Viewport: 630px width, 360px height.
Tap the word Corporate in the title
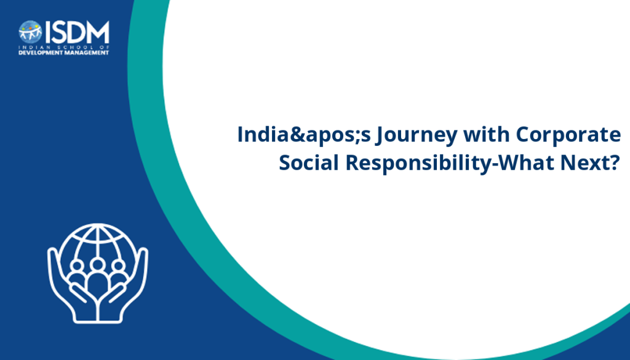(x=568, y=134)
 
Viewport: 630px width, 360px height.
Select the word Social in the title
(x=309, y=162)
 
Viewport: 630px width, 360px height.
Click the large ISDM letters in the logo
(x=77, y=32)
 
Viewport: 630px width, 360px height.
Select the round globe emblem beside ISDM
(x=30, y=32)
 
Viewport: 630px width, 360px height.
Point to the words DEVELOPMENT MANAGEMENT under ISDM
(x=64, y=53)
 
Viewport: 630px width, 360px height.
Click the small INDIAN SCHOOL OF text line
(x=64, y=47)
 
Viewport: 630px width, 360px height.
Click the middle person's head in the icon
(x=97, y=265)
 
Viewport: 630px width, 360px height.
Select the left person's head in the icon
(x=77, y=266)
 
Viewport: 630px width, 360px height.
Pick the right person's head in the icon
(x=118, y=266)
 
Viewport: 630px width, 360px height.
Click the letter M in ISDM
(x=98, y=32)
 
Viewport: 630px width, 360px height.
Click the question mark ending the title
(x=615, y=162)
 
